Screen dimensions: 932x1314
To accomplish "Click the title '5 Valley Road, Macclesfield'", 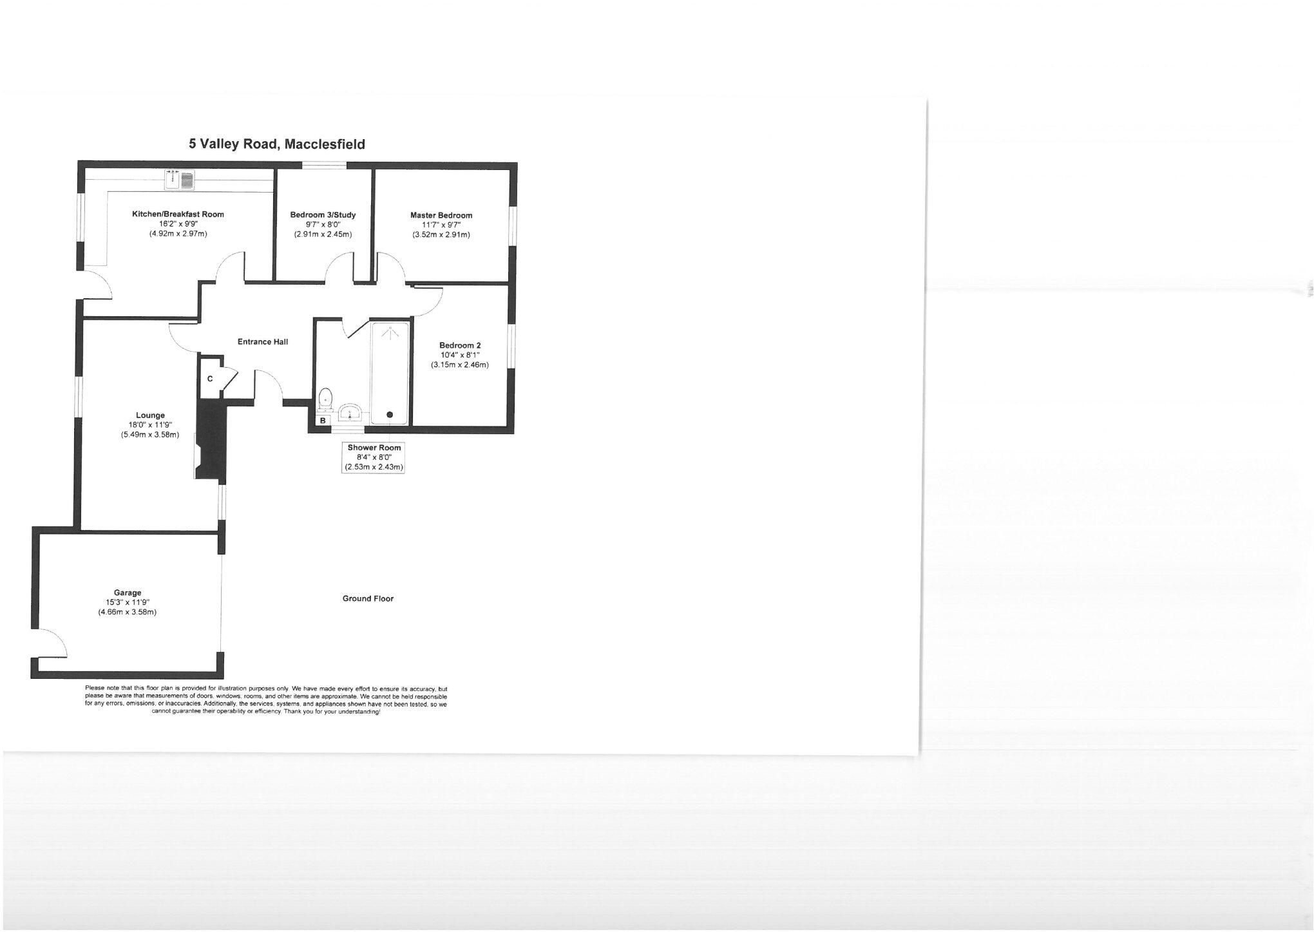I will pyautogui.click(x=277, y=144).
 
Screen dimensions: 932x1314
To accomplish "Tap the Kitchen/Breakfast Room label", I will pyautogui.click(x=178, y=214).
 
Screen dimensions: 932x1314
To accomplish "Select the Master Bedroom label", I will pyautogui.click(x=441, y=215).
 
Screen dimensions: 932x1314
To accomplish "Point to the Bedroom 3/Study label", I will pyautogui.click(x=323, y=214).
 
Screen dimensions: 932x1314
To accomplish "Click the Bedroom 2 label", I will pyautogui.click(x=460, y=345).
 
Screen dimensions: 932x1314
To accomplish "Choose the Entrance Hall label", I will pyautogui.click(x=263, y=341).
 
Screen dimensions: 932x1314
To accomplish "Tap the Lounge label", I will pyautogui.click(x=150, y=415).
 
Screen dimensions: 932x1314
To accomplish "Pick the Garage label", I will pyautogui.click(x=128, y=593).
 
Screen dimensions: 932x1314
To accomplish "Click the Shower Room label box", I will pyautogui.click(x=374, y=457).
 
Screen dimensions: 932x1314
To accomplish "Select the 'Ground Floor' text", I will pyautogui.click(x=368, y=598).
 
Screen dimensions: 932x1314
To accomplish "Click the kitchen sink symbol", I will pyautogui.click(x=180, y=180).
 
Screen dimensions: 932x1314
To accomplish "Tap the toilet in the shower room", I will pyautogui.click(x=326, y=399).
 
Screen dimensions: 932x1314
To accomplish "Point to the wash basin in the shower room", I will pyautogui.click(x=352, y=411).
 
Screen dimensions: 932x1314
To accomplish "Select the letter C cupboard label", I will pyautogui.click(x=210, y=379).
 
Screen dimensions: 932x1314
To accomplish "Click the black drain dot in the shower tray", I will pyautogui.click(x=390, y=415).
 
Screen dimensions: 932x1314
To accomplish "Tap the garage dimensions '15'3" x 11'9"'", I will pyautogui.click(x=128, y=602).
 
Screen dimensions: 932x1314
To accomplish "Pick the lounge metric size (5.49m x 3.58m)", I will pyautogui.click(x=150, y=435).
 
